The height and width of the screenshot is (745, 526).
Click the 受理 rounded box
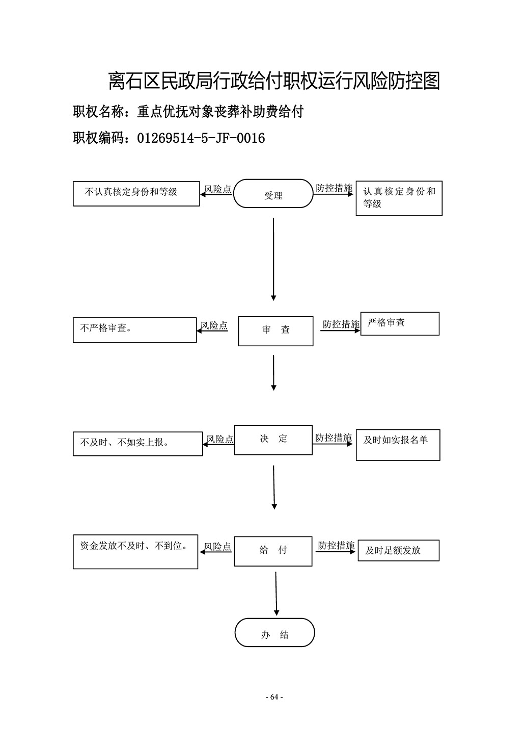pos(273,194)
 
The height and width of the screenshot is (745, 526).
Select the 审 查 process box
pos(275,331)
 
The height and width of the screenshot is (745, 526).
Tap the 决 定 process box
pos(273,440)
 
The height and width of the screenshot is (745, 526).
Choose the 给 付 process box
pos(273,551)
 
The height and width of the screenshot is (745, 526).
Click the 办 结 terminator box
pos(274,633)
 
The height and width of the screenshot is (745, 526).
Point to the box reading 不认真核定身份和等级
pos(136,194)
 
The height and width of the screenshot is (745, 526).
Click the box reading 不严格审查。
pos(134,330)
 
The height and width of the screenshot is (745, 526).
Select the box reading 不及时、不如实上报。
pos(137,444)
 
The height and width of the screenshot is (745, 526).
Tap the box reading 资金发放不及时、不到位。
pos(135,552)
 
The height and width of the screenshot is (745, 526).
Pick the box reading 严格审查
pos(400,324)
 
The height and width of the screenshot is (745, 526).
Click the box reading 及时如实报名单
pos(398,445)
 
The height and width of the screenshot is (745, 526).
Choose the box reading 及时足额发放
pos(399,550)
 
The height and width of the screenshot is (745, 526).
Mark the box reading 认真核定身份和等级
pos(399,198)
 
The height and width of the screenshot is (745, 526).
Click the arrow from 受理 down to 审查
pos(273,260)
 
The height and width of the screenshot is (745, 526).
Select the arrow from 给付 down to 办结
pos(276,594)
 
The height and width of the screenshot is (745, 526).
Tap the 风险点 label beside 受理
pos(218,189)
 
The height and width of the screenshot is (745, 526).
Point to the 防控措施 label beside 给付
pos(337,546)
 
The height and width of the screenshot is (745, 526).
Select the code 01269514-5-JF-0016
pos(201,138)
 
